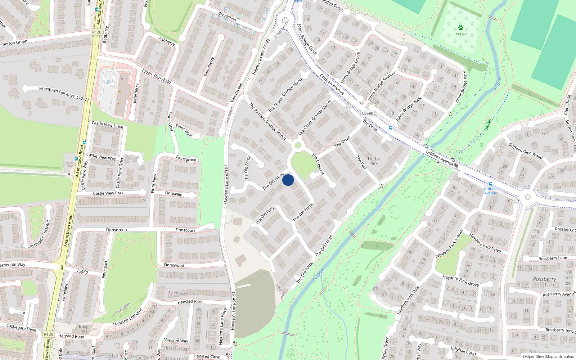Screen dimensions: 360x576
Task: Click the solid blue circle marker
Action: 288,180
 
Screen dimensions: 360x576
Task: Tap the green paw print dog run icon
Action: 460,28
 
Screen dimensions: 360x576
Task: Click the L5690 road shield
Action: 368,113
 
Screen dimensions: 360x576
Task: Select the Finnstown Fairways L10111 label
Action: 64,94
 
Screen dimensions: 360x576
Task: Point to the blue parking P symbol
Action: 109,82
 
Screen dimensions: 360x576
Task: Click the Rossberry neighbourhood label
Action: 544,279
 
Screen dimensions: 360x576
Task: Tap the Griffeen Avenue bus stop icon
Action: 490,184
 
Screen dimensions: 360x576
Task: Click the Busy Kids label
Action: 83,329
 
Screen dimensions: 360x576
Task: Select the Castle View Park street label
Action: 108,193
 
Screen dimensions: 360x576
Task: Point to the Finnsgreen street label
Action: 116,230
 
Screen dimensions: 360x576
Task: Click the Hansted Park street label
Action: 190,302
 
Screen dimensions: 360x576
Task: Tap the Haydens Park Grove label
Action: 460,281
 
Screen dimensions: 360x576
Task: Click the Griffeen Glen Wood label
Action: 525,151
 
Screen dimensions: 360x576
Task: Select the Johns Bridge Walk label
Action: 409,109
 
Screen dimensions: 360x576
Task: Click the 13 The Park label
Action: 373,161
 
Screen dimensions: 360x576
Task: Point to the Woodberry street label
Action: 209,67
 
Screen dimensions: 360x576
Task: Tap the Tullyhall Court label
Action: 463,351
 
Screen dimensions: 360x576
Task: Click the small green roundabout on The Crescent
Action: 298,145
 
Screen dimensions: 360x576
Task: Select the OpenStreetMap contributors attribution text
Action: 548,356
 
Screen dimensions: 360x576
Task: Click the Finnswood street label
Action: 174,265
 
